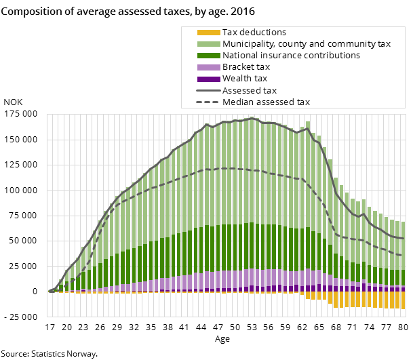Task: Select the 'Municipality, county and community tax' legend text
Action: [307, 44]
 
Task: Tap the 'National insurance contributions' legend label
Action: [291, 56]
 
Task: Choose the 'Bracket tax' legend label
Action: [246, 67]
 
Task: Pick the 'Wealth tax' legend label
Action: [245, 79]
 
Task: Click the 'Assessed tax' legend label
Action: [250, 90]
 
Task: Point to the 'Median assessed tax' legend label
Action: [266, 102]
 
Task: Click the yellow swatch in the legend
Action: [208, 33]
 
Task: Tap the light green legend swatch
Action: [208, 44]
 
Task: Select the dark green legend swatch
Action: [208, 56]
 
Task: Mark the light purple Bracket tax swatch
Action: [208, 67]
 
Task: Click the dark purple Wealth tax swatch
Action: [208, 79]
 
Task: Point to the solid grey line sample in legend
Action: [208, 90]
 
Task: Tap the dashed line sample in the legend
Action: [208, 102]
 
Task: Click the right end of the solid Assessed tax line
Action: [404, 239]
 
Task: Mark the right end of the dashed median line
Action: [404, 256]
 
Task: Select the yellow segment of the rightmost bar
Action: [403, 300]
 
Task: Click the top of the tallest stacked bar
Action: [252, 118]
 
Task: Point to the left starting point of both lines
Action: [50, 292]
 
